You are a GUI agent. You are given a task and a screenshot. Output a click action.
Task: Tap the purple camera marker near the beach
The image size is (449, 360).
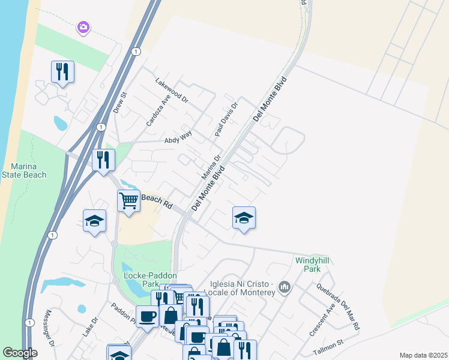click(x=83, y=27)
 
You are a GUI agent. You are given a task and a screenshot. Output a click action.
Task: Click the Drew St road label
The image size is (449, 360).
click(x=121, y=103)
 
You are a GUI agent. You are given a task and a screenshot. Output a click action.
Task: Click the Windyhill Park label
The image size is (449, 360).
click(x=315, y=265)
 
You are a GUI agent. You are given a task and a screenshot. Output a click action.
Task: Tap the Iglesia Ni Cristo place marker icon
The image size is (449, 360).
click(x=285, y=289)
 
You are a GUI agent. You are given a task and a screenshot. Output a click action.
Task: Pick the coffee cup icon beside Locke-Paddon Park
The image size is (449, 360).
click(x=147, y=316)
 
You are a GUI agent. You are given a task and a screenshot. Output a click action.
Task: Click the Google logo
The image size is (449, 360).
click(x=20, y=353)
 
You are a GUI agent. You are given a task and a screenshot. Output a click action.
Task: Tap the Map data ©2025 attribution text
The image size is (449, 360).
click(x=423, y=355)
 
